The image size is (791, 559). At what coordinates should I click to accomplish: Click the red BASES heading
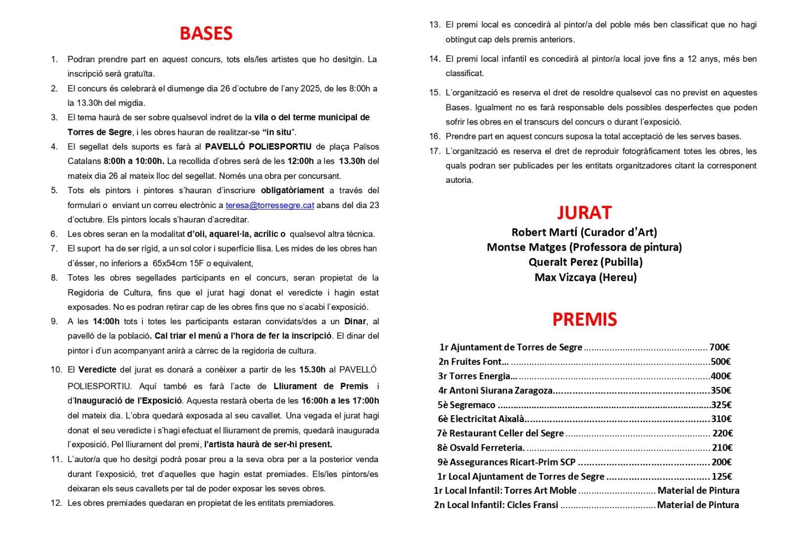click(x=206, y=33)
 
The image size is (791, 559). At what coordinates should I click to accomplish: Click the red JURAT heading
click(x=584, y=213)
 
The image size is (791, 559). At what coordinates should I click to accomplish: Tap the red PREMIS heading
click(x=584, y=320)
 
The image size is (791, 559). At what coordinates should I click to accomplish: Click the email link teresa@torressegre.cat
click(x=270, y=205)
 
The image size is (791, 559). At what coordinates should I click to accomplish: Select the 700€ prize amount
click(x=720, y=347)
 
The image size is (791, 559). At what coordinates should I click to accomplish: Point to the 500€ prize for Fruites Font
click(x=720, y=362)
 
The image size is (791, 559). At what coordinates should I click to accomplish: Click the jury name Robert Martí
click(x=544, y=232)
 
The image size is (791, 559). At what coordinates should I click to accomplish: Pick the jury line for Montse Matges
click(x=584, y=247)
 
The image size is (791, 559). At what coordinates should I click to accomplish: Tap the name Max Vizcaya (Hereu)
click(x=585, y=277)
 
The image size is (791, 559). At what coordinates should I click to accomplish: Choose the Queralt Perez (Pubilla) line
click(x=585, y=262)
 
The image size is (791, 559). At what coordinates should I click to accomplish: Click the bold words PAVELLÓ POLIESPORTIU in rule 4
click(x=258, y=146)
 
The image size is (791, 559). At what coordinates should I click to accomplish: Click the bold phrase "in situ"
click(x=279, y=132)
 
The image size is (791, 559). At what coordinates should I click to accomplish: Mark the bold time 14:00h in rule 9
click(x=106, y=321)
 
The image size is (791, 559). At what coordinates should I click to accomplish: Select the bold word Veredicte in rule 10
click(x=97, y=369)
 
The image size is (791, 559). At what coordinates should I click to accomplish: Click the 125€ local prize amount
click(x=721, y=477)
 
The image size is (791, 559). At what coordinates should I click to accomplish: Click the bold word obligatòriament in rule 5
click(x=293, y=190)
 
